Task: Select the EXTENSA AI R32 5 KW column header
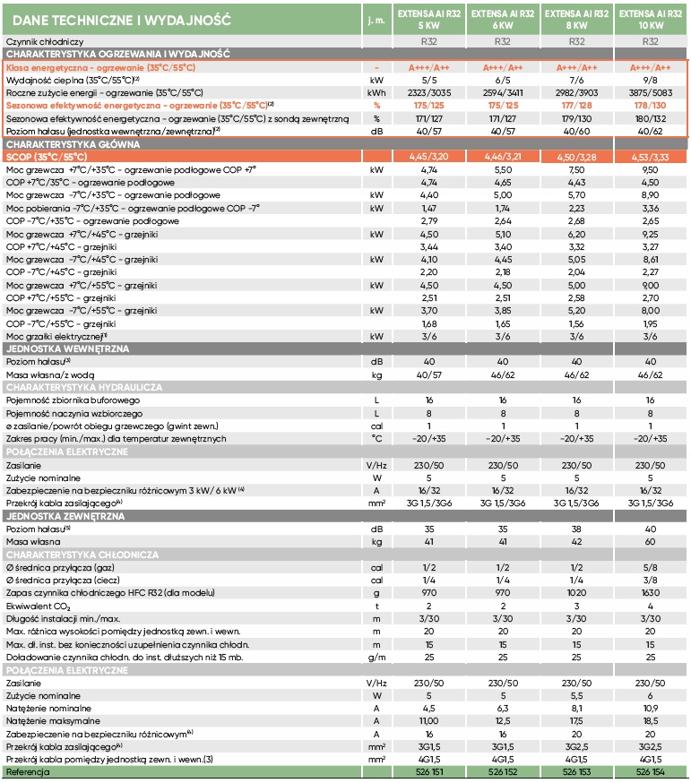point(428,18)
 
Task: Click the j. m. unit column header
point(376,18)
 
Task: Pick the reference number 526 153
point(576,771)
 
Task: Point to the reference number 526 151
point(428,771)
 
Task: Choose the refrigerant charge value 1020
point(576,593)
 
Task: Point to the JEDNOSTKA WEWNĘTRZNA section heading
point(66,347)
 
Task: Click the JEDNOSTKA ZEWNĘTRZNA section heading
point(65,516)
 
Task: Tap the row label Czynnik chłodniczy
point(44,42)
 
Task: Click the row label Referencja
point(30,771)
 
